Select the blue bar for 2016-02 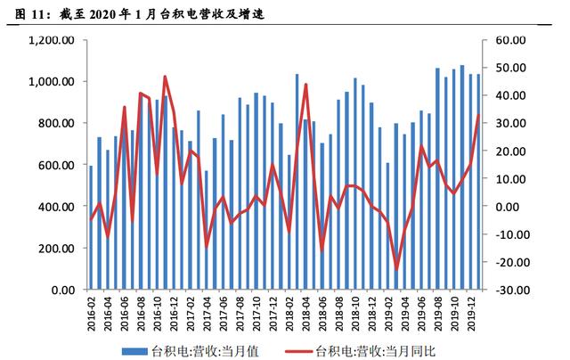coord(91,227)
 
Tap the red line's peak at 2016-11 coord(165,77)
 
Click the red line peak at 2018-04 coord(306,85)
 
